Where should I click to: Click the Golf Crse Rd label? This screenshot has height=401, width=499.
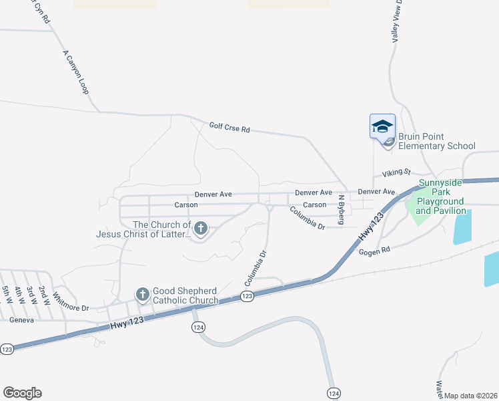[x=229, y=126]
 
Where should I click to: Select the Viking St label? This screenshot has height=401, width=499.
[x=396, y=172]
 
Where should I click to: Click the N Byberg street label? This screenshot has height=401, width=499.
[x=340, y=209]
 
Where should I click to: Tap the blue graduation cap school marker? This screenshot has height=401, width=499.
[x=383, y=126]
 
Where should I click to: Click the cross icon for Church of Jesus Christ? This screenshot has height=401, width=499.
[x=200, y=229]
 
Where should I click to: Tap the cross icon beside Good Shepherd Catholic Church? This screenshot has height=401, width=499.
[x=142, y=294]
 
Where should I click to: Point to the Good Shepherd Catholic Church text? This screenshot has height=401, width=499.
[x=185, y=295]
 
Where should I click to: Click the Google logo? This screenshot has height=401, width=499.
[x=22, y=392]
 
